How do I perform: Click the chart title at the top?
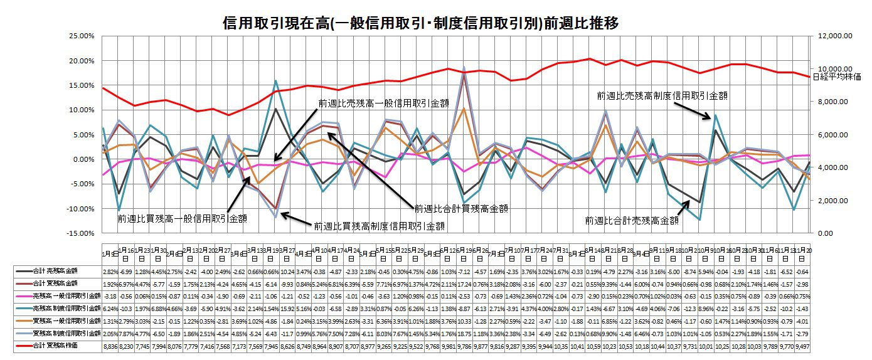[421, 24]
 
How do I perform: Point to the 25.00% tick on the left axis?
[80, 36]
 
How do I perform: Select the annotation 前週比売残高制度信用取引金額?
[662, 96]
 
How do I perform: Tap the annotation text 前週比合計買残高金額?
[461, 208]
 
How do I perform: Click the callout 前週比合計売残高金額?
[631, 221]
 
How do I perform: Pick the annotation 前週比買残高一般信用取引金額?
[182, 219]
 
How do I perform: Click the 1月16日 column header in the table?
[124, 253]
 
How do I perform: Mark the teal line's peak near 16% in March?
[276, 80]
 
